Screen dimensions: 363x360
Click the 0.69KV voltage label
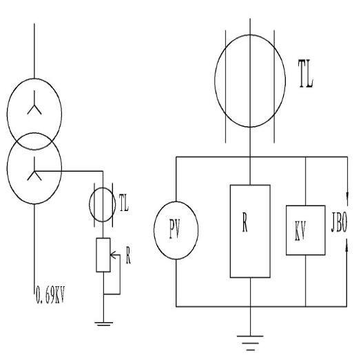(50, 295)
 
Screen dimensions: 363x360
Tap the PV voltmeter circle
(154, 230)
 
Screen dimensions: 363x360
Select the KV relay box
(287, 230)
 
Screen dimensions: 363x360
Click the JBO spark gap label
(339, 223)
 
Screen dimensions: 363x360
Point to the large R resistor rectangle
(230, 231)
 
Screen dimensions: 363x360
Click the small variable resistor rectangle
(96, 254)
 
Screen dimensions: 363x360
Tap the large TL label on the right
(306, 74)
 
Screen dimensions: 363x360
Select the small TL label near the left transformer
(124, 203)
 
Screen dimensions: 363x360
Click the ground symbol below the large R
(250, 343)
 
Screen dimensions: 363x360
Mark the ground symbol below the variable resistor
(103, 324)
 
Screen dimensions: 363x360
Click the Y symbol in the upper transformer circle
(34, 103)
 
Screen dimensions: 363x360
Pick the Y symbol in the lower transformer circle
(34, 169)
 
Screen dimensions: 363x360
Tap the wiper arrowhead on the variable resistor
(112, 255)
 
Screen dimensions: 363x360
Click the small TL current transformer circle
(90, 205)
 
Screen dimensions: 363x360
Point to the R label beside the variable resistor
(128, 256)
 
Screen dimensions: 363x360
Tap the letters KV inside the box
(300, 230)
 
